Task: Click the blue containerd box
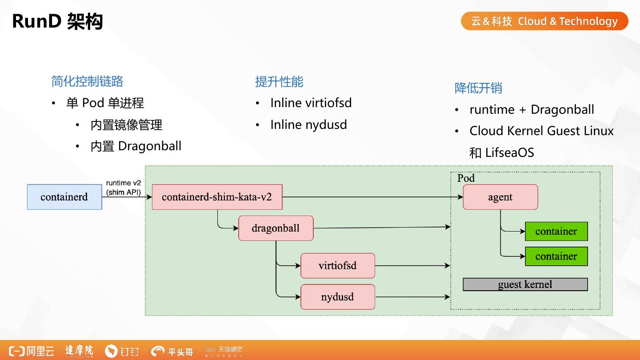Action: click(x=64, y=197)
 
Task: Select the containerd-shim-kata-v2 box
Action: click(x=217, y=197)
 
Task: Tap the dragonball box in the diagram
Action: click(x=276, y=228)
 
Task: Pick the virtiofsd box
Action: click(x=338, y=266)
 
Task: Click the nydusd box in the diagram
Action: click(x=338, y=297)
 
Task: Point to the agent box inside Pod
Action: click(x=500, y=197)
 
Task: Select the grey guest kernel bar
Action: click(x=525, y=284)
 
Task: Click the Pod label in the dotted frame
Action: click(x=466, y=178)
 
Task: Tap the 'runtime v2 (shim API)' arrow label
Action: click(x=124, y=188)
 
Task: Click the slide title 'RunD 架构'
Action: click(x=57, y=21)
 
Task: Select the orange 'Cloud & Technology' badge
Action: click(x=544, y=21)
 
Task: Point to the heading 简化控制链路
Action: click(x=87, y=81)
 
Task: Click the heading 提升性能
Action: click(x=279, y=82)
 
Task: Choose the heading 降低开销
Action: click(x=478, y=88)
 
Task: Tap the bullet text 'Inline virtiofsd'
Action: click(x=311, y=103)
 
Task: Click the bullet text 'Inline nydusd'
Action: click(x=308, y=124)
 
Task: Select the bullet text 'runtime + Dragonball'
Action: click(x=532, y=109)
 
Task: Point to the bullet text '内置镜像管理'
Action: click(x=126, y=125)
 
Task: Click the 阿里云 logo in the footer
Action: click(x=32, y=351)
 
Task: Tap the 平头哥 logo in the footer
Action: click(x=172, y=351)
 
